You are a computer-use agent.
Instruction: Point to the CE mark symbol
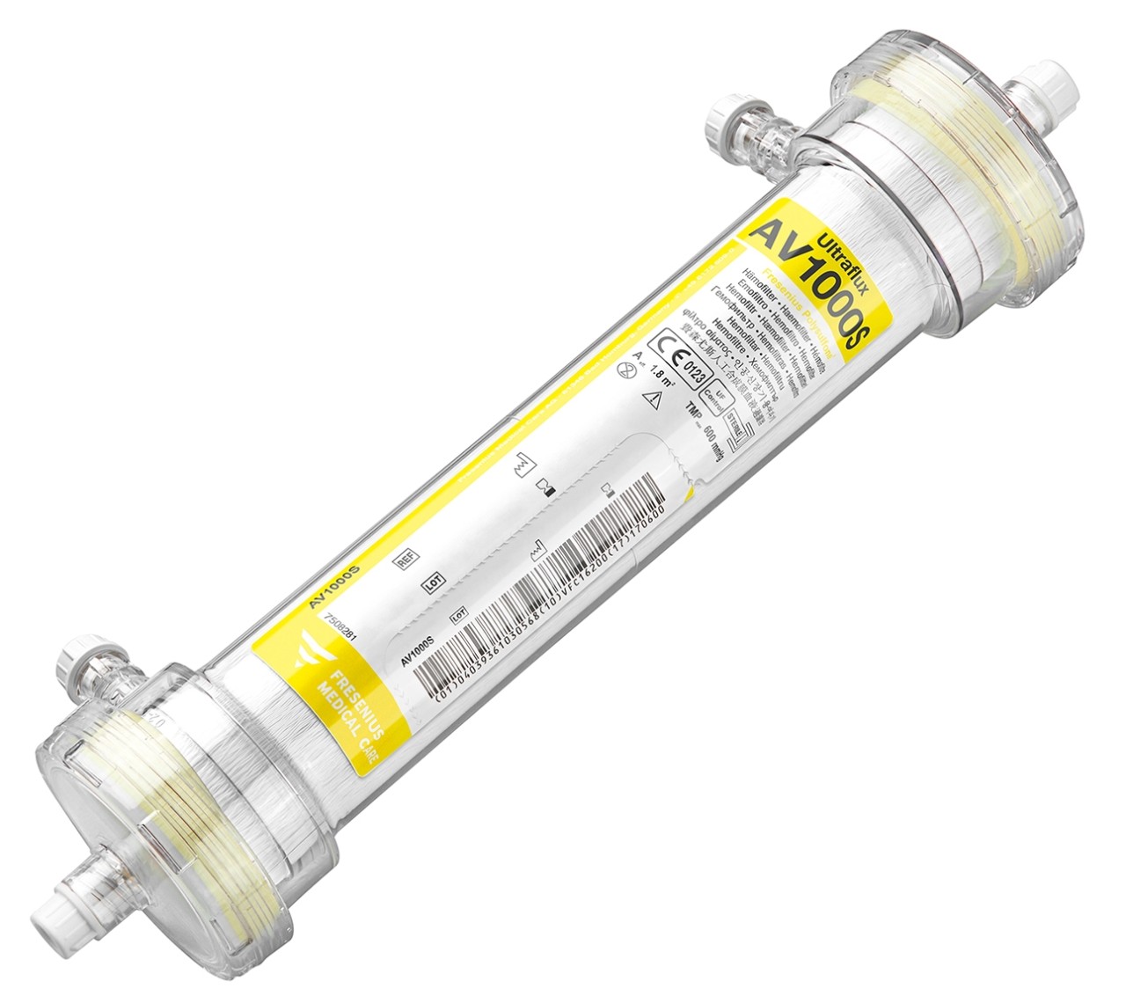(669, 349)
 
